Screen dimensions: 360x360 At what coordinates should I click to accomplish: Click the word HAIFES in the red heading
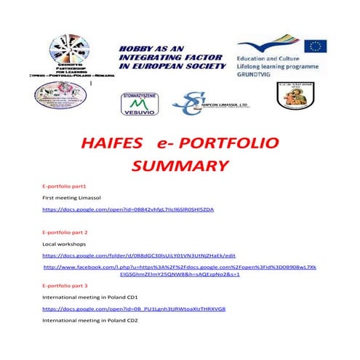tap(114, 140)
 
